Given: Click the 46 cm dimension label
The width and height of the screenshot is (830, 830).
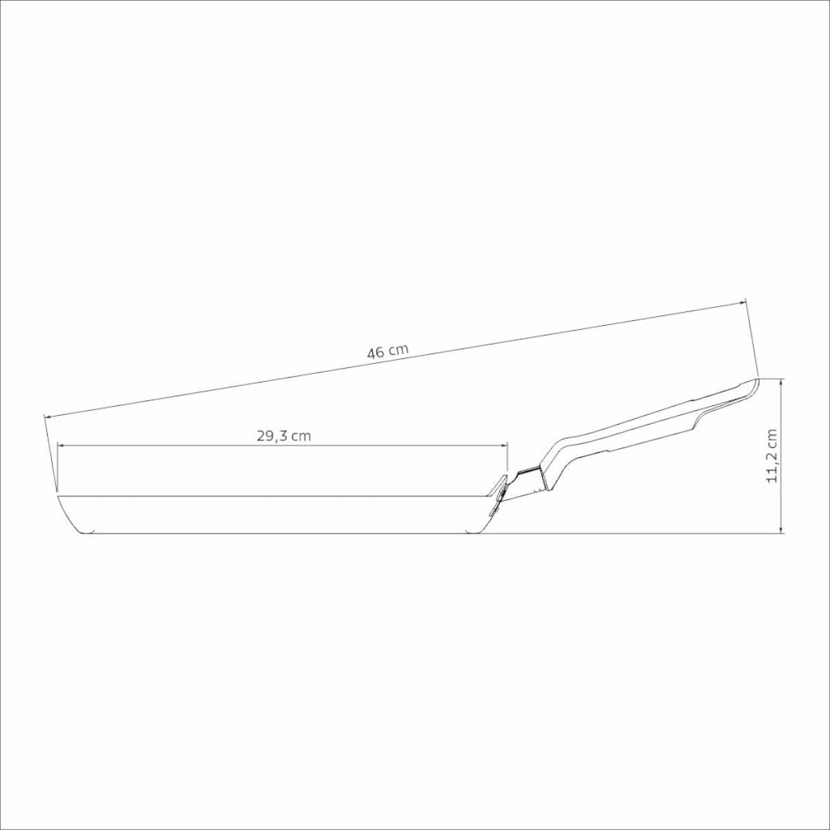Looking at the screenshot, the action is (x=388, y=352).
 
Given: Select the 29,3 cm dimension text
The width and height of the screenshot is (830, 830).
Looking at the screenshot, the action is (x=284, y=436).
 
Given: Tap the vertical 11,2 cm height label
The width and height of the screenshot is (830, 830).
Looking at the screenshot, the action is (x=772, y=456).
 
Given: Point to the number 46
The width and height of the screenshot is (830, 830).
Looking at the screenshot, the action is (x=375, y=353).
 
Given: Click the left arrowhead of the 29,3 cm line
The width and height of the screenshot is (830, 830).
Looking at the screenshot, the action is (x=60, y=447).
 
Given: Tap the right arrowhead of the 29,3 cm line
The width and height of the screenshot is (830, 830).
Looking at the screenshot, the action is (x=504, y=447).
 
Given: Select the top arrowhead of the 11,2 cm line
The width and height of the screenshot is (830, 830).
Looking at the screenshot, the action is (x=781, y=383).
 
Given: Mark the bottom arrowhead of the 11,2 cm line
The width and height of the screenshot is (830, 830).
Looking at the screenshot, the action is (x=781, y=529).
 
